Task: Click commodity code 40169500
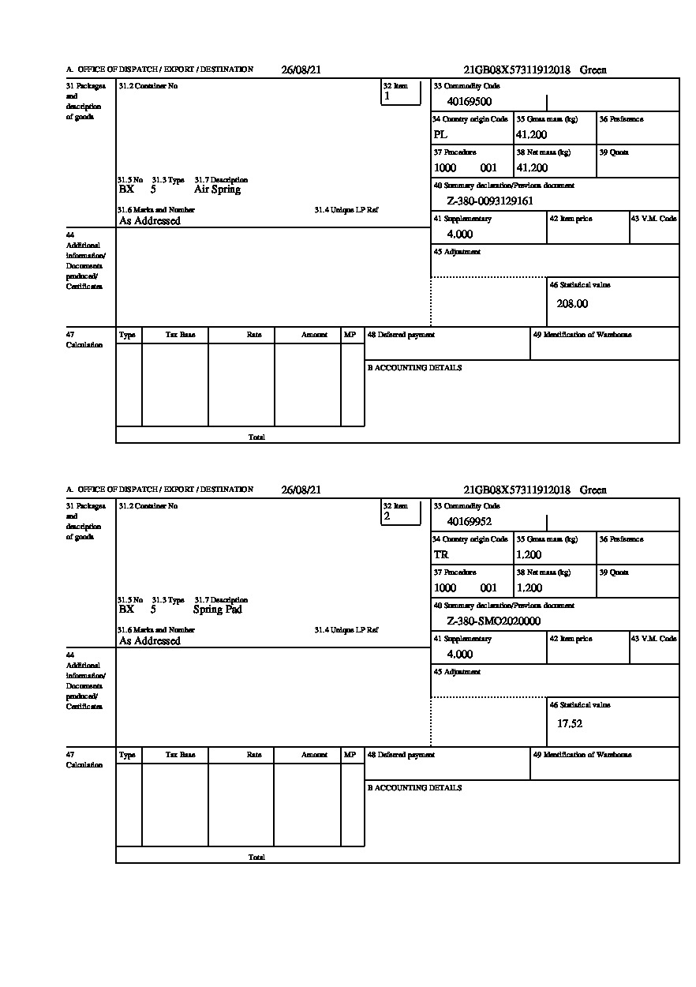(470, 102)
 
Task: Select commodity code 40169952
(470, 522)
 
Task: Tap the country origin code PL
(440, 135)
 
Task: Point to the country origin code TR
(441, 555)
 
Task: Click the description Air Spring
(217, 190)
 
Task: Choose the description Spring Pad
(217, 610)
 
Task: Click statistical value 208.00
(572, 304)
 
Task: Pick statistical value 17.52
(570, 724)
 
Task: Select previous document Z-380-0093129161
(490, 201)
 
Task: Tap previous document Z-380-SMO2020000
(493, 621)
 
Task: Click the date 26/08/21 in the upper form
(301, 70)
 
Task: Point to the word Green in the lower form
(593, 490)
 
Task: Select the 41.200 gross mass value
(532, 135)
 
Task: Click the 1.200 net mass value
(529, 588)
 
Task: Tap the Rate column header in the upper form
(254, 335)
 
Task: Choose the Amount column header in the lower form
(314, 755)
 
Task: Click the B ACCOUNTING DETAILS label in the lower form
(414, 788)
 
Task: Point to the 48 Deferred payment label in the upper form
(401, 335)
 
